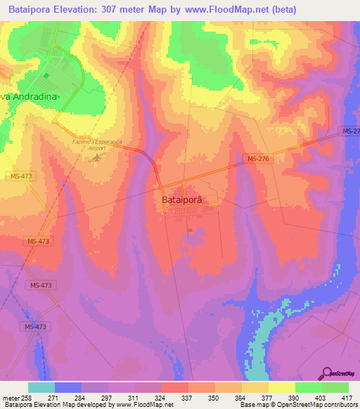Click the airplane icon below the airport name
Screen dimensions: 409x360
click(x=97, y=157)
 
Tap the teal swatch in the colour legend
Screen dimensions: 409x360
click(x=41, y=387)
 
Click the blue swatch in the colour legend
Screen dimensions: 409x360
click(x=68, y=387)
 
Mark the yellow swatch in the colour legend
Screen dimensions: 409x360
click(x=281, y=387)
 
